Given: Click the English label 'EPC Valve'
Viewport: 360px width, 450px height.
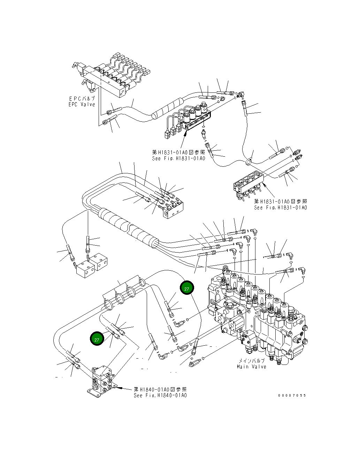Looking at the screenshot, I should pos(82,104).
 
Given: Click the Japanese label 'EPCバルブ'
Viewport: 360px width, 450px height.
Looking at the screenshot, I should pos(82,99).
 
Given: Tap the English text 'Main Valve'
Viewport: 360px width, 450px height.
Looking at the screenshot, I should pos(251,367).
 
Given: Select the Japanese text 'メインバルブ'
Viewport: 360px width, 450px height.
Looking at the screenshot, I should pos(251,361).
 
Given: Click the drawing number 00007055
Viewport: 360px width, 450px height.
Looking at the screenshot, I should pos(292,396).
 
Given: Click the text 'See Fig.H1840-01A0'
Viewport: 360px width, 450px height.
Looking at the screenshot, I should pos(161,396).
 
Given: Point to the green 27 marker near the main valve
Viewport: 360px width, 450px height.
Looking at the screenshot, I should pos(186,289).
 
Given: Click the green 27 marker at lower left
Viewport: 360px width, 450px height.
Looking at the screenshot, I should pos(97,339).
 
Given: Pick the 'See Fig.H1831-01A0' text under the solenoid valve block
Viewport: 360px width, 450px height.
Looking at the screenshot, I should pos(179,158).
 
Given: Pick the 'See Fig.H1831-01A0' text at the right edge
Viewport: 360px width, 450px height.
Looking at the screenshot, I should pos(281,208).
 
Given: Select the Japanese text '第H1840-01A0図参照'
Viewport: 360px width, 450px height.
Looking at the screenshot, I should pos(161,390).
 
